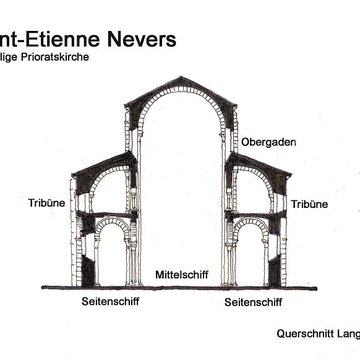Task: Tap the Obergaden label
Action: pos(269,141)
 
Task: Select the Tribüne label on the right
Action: pos(309,204)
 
